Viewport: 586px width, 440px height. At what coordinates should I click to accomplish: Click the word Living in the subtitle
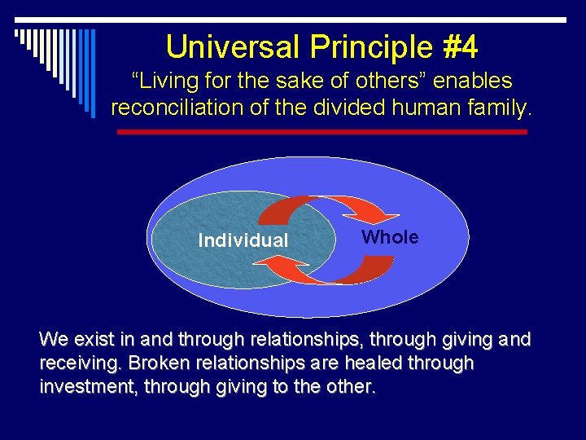tap(168, 81)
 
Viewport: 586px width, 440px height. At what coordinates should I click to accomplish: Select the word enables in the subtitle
tap(473, 81)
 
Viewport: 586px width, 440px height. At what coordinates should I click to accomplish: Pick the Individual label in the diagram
tap(243, 240)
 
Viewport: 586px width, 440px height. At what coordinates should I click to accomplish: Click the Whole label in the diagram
tap(390, 237)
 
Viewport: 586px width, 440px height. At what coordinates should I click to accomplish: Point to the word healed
tap(378, 363)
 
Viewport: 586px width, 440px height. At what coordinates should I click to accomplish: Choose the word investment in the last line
tap(88, 387)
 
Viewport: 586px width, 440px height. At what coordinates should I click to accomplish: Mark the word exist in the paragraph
tap(95, 338)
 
